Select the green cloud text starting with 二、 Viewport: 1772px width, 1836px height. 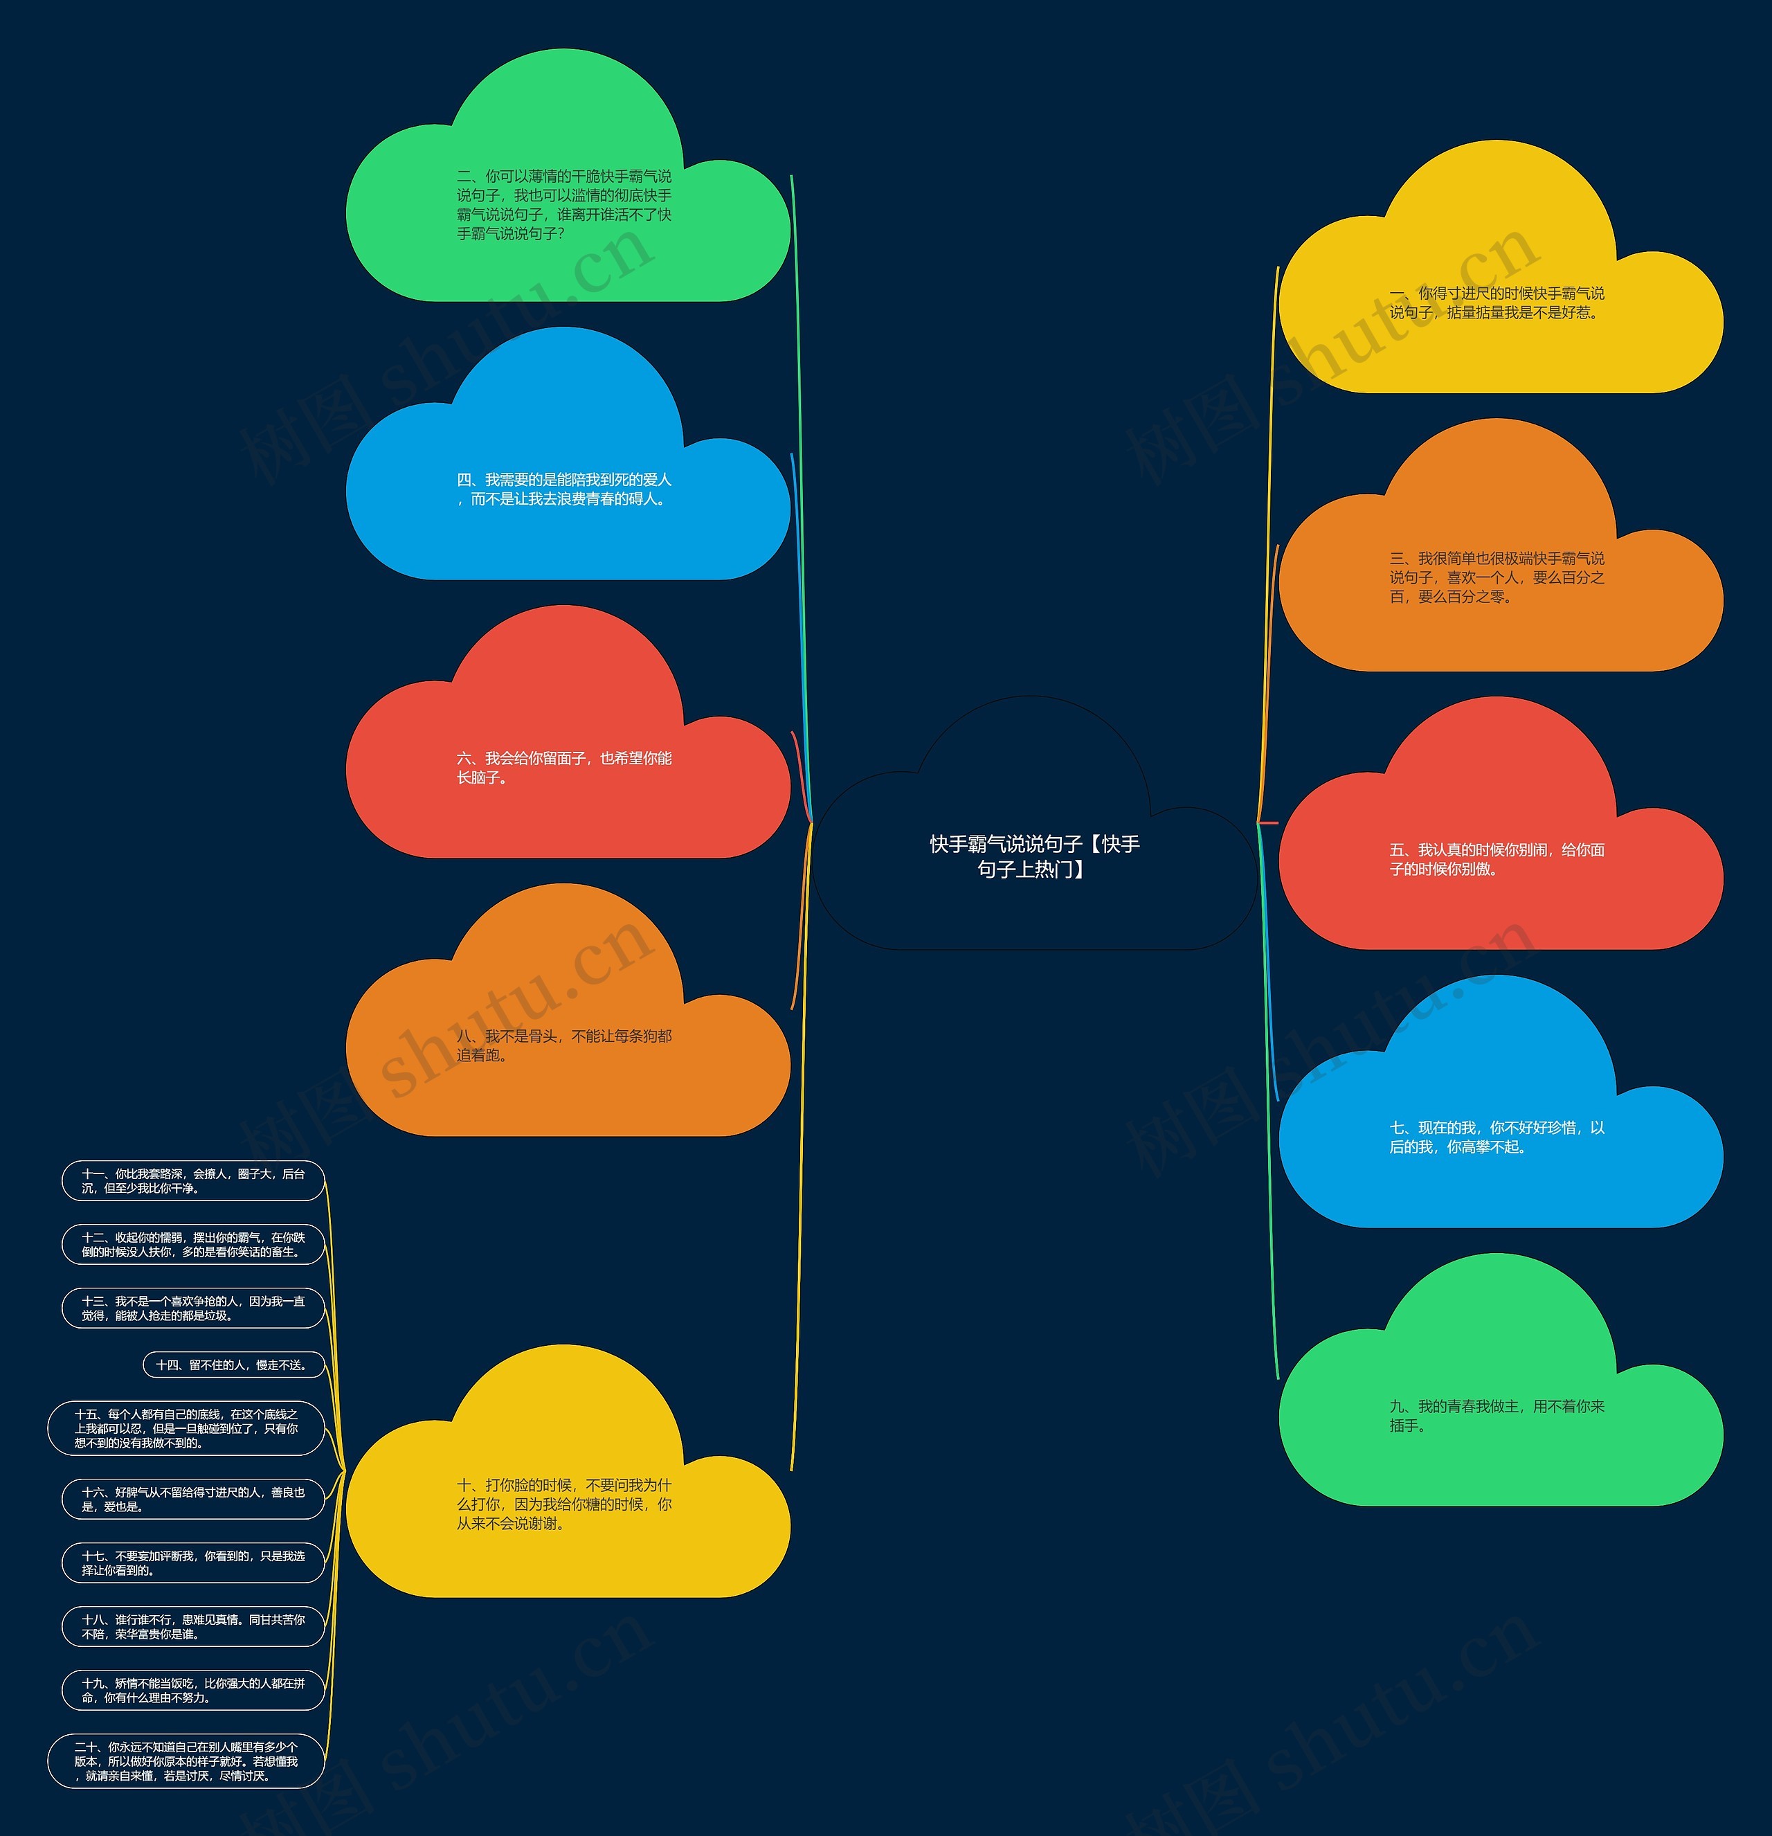tap(564, 204)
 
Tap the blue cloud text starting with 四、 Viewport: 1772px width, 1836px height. tap(564, 489)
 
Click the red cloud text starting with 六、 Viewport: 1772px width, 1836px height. tap(564, 767)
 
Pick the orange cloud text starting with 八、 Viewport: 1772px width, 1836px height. tap(564, 1045)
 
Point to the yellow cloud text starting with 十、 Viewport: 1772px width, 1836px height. tap(564, 1504)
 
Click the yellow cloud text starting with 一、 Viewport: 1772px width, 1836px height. tap(1497, 303)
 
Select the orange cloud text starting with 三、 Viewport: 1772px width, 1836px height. tap(1497, 577)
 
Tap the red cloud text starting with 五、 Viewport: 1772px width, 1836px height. tap(1497, 859)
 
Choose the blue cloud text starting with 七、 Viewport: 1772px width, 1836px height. tap(1497, 1137)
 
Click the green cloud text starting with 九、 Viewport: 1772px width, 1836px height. tap(1497, 1415)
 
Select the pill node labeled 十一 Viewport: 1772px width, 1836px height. tap(193, 1180)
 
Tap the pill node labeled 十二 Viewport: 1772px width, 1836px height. tap(193, 1244)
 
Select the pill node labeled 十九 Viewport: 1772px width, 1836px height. tap(193, 1690)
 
